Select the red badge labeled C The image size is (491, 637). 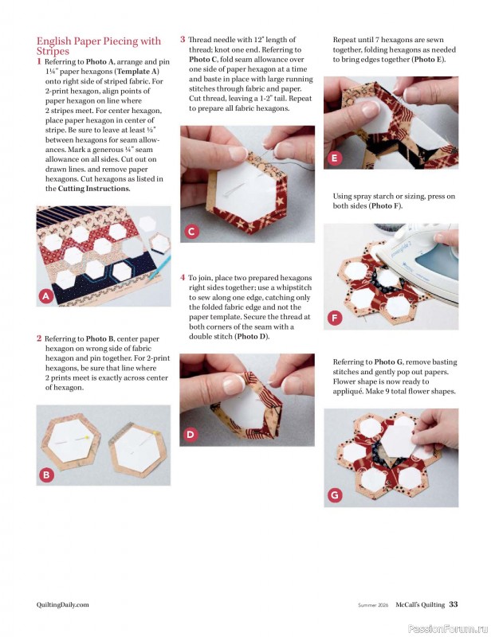coord(191,232)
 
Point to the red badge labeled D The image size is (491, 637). coord(191,434)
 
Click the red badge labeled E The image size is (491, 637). coord(334,158)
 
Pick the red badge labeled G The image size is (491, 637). coord(334,495)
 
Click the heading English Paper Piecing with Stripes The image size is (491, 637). coord(98,45)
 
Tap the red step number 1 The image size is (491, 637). coord(40,61)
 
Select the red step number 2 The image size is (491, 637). coord(39,338)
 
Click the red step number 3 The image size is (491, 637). coord(183,39)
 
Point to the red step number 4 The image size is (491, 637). coord(183,278)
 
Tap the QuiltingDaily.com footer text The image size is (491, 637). coord(63,604)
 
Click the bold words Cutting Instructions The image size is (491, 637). coord(93,189)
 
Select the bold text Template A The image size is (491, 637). coord(136,71)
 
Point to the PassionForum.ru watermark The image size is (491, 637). coord(447,627)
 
